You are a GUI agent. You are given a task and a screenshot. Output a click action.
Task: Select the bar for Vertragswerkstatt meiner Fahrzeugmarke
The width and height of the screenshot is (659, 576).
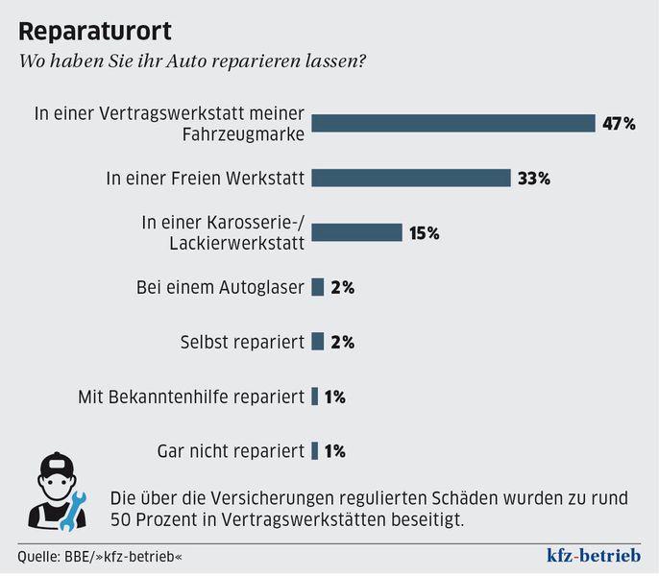[x=453, y=123]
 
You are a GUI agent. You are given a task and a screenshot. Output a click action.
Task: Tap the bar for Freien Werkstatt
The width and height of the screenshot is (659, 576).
[x=410, y=178]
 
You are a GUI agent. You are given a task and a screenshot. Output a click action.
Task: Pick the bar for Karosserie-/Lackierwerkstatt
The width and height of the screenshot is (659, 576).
[x=356, y=232]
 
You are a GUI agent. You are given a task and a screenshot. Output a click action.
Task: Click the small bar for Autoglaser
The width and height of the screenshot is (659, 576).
[x=317, y=287]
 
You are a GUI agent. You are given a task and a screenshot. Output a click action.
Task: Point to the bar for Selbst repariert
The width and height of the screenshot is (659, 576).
[x=317, y=342]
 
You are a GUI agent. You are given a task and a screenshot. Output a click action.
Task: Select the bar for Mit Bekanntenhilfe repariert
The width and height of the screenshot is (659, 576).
[x=314, y=396]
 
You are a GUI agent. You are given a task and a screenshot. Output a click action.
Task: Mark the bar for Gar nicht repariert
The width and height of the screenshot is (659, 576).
[x=314, y=450]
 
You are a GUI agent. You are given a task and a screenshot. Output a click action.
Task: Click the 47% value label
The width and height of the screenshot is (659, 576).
[x=619, y=123]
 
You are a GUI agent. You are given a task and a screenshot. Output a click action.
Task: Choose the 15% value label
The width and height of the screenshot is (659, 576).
[x=424, y=232]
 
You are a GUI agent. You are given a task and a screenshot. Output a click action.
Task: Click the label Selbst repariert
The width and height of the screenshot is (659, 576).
[x=242, y=342]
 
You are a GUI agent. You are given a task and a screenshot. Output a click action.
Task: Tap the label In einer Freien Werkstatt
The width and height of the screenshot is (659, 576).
[x=205, y=178]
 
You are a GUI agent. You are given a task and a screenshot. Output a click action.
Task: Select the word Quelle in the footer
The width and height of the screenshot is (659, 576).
[x=37, y=557]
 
